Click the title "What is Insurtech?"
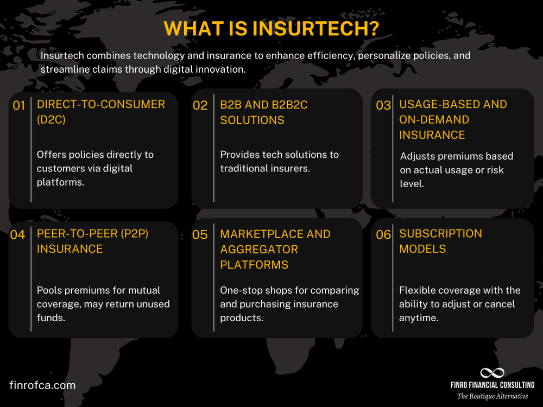(271, 29)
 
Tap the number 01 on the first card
(19, 106)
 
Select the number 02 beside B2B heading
(200, 106)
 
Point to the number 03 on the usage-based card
(383, 106)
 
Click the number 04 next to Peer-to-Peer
(18, 235)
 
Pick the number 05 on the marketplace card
(200, 235)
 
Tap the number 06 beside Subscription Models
(383, 235)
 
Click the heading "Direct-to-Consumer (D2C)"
(100, 112)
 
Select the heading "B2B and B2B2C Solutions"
(263, 112)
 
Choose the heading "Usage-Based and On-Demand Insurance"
(453, 119)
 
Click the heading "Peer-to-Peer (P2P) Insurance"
(92, 241)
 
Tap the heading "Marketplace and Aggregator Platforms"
(275, 249)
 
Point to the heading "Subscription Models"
(440, 241)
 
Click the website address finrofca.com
(42, 385)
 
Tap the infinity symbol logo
(492, 373)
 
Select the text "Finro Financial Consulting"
(492, 385)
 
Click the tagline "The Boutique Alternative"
(492, 396)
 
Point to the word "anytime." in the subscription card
(419, 318)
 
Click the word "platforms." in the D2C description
(60, 182)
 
